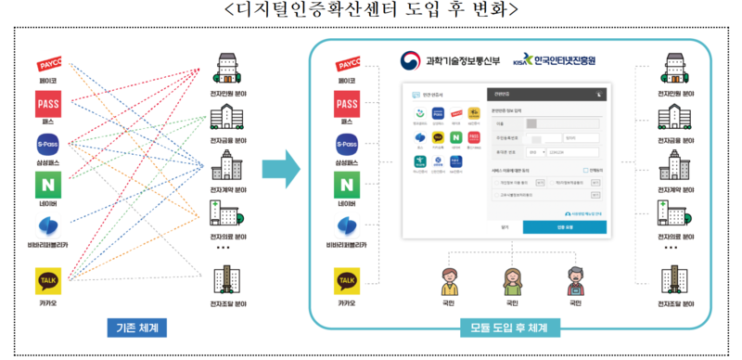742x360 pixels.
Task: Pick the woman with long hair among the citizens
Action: click(x=510, y=278)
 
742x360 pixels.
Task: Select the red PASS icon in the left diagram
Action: click(x=48, y=104)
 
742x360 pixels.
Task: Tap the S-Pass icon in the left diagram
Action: click(x=48, y=145)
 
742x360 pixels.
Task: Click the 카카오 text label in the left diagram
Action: click(x=48, y=302)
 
